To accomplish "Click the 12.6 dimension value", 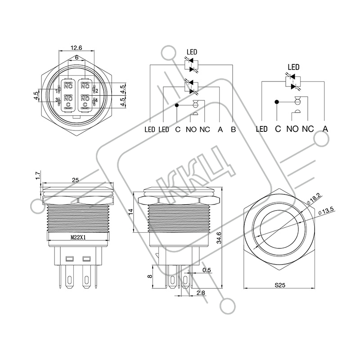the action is click(76, 48).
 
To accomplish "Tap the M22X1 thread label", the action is click(78, 238).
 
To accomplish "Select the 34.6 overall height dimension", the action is click(219, 238).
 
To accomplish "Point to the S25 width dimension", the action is click(280, 285).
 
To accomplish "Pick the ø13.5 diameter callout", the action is click(326, 211).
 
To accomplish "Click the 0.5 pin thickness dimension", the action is click(207, 270).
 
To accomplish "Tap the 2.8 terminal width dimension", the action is click(201, 293).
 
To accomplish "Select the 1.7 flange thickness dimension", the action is click(38, 175).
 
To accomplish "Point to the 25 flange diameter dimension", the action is click(75, 180).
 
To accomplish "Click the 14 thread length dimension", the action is click(130, 211).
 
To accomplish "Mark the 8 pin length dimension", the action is click(150, 276).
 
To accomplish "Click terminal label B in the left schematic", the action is click(233, 130).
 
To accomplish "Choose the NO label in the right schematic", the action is click(292, 129).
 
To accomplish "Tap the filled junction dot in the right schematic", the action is click(277, 102).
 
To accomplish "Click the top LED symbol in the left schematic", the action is click(191, 66).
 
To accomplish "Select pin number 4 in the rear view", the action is click(96, 100).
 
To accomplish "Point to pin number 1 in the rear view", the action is click(57, 91).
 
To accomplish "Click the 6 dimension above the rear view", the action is click(76, 58).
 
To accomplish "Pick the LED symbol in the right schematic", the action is click(292, 81).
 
